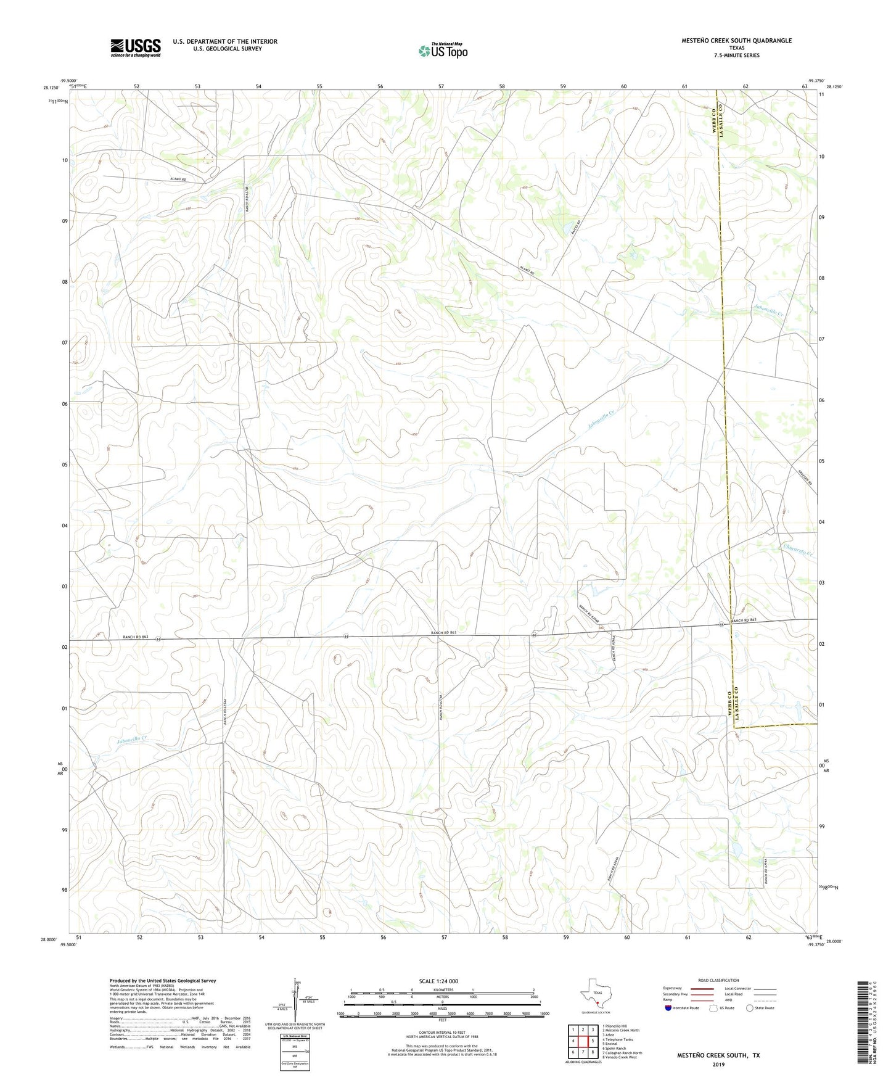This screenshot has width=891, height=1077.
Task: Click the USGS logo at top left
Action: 136,47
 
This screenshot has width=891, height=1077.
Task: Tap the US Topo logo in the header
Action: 443,51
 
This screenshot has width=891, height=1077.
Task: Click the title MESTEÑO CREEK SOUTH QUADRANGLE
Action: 736,41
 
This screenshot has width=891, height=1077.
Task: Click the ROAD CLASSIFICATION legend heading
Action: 718,980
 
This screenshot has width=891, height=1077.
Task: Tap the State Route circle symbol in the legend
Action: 750,1008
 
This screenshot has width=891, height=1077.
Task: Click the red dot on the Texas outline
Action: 597,1003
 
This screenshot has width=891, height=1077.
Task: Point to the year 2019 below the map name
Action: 718,1065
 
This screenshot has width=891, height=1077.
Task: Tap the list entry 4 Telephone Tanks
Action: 618,1039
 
